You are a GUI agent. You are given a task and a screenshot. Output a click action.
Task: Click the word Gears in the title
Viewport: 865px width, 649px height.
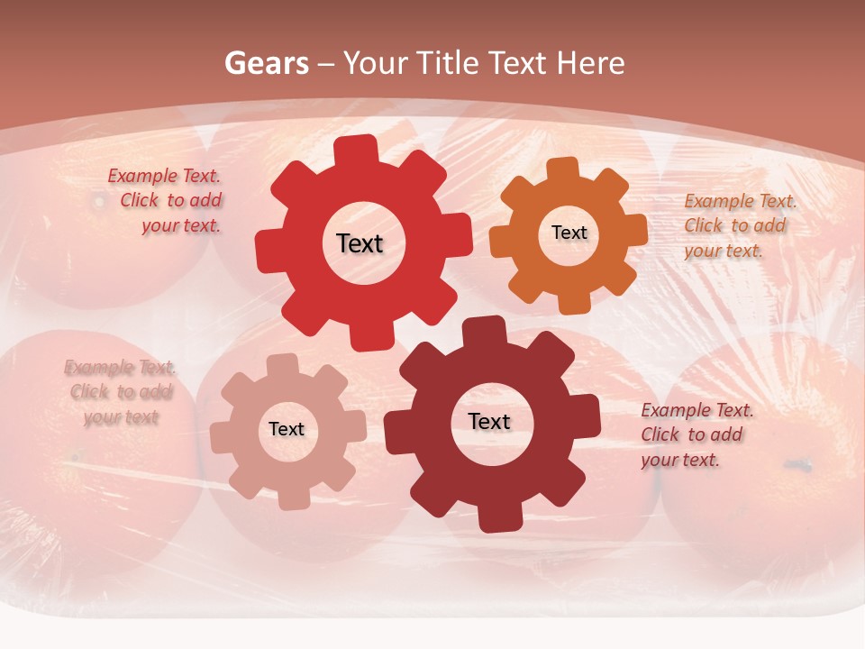point(266,63)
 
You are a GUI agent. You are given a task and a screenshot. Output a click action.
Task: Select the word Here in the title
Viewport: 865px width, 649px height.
point(590,63)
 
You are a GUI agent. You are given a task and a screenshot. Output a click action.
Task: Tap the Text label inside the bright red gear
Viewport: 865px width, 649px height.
point(360,243)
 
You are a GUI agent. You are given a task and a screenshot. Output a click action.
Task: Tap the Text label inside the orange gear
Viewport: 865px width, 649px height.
point(569,233)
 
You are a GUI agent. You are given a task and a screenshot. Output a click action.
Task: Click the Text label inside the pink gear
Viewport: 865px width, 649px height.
point(287,429)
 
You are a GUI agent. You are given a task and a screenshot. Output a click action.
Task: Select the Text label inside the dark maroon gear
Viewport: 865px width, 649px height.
point(489,421)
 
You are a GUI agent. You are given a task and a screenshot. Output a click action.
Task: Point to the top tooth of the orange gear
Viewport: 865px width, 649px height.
point(562,169)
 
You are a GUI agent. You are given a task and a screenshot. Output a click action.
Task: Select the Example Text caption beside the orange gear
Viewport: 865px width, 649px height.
point(739,225)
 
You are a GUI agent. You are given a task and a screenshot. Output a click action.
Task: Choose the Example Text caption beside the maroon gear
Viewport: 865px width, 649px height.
point(696,434)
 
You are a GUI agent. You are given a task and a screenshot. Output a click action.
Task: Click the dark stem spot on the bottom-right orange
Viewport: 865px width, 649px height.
point(798,465)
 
